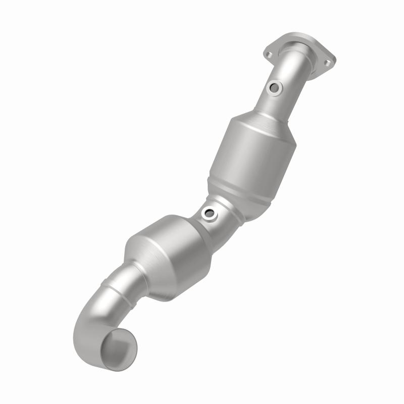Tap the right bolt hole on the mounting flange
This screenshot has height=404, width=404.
[327, 63]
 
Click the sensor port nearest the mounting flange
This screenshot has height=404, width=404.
[275, 88]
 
